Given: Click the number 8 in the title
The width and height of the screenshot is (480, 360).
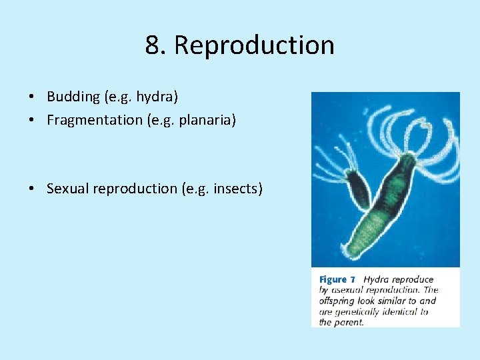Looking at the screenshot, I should click(153, 45).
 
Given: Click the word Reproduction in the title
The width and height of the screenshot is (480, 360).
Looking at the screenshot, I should click(254, 45).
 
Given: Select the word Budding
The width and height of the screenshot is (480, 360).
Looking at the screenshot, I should click(73, 97).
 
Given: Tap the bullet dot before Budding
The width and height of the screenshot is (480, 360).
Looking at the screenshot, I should click(32, 97).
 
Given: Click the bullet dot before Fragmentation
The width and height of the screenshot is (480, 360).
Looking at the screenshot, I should click(32, 121).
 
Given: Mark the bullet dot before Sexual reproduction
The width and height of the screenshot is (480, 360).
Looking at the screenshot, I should click(32, 189).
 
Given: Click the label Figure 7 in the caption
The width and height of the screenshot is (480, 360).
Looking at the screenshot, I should click(337, 279).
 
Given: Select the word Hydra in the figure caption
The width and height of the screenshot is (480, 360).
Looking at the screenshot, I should click(378, 279).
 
